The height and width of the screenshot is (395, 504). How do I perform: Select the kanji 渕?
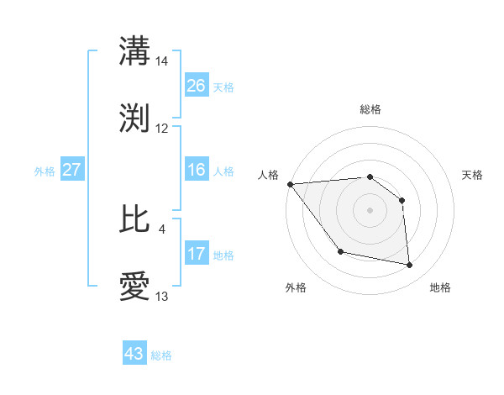[x=135, y=118]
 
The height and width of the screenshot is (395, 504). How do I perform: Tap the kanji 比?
[x=135, y=219]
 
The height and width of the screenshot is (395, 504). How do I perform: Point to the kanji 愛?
[x=135, y=287]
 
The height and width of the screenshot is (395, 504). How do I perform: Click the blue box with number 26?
[x=197, y=86]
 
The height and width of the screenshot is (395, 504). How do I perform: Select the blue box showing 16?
[x=197, y=171]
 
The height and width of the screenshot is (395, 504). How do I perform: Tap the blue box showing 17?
[x=197, y=254]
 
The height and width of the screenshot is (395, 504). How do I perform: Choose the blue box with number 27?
[x=71, y=171]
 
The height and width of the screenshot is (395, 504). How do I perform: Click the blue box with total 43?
[x=134, y=354]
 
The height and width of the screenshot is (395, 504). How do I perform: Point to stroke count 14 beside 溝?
[x=162, y=61]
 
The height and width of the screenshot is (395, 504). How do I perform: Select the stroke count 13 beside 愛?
[x=162, y=297]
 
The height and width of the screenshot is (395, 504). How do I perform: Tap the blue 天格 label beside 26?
[x=223, y=87]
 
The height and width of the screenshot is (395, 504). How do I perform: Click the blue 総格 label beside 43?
[x=161, y=355]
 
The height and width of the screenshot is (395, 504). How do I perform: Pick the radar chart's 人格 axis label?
[x=269, y=175]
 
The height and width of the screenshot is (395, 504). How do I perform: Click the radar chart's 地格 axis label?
[x=440, y=287]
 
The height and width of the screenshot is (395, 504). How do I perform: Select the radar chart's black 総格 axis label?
[x=370, y=109]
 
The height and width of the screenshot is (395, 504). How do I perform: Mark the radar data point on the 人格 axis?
[x=290, y=184]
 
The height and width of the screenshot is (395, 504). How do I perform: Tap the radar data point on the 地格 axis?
[x=410, y=266]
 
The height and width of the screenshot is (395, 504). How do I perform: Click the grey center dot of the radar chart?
[x=370, y=210]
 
